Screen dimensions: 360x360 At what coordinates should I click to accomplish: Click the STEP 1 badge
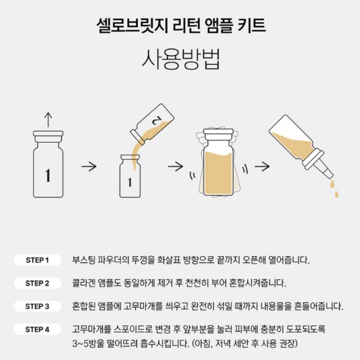[37, 260]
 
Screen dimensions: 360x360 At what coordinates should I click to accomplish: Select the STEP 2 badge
[37, 283]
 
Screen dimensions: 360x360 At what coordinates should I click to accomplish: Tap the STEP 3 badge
[37, 306]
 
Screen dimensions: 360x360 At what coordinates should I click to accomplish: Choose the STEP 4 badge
[37, 329]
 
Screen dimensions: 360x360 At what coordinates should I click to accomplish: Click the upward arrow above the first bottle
[48, 120]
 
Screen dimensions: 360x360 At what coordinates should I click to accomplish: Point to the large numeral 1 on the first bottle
[48, 175]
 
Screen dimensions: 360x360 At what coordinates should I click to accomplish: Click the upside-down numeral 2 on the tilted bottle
[157, 120]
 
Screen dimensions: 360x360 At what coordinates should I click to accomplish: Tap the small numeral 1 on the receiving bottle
[130, 182]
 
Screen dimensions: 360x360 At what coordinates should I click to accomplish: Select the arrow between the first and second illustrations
[89, 166]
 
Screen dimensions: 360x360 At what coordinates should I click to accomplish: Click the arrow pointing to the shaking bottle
[175, 166]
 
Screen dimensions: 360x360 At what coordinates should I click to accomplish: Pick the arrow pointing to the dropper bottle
[262, 166]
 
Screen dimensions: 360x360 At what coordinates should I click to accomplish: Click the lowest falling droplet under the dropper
[337, 194]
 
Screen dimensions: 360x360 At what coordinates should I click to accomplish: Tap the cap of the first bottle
[48, 136]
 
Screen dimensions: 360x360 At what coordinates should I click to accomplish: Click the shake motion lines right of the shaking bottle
[245, 169]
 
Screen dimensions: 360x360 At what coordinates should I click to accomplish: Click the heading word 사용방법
[181, 59]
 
